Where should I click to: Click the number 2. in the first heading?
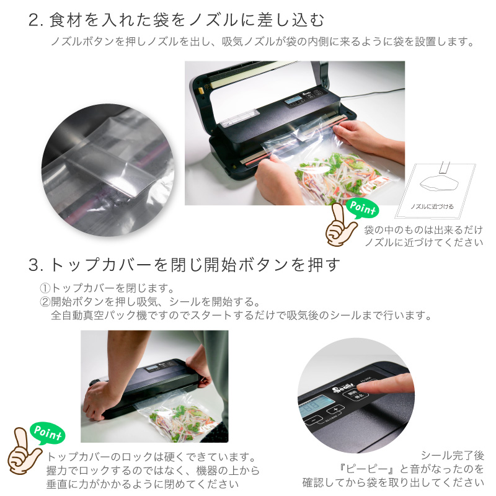pos(36,20)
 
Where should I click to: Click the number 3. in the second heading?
pos(36,265)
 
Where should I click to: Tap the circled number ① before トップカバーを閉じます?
pos(45,288)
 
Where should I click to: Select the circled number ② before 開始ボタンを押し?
pos(45,302)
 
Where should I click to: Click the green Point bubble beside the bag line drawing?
pos(363,208)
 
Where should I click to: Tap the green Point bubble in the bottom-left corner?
pos(48,433)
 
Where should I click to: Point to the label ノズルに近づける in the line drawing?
pos(432,206)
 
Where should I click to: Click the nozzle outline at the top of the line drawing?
pos(444,167)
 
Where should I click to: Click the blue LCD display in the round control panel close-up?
pos(317,406)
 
